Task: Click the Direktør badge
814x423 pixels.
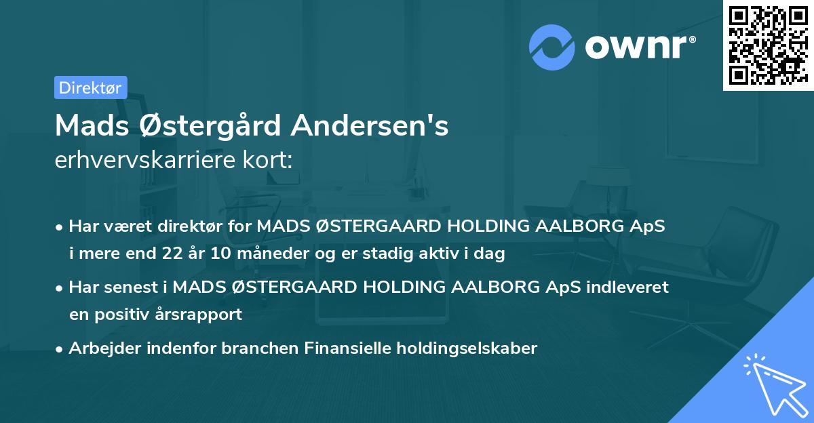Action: pos(90,87)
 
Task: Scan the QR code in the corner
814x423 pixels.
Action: pos(767,45)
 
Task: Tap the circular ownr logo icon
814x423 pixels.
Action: pos(552,47)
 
